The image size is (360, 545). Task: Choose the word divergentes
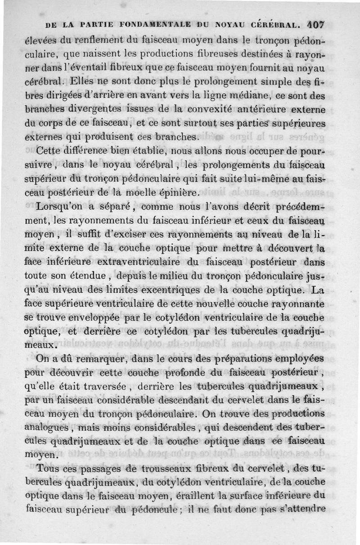coord(95,109)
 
